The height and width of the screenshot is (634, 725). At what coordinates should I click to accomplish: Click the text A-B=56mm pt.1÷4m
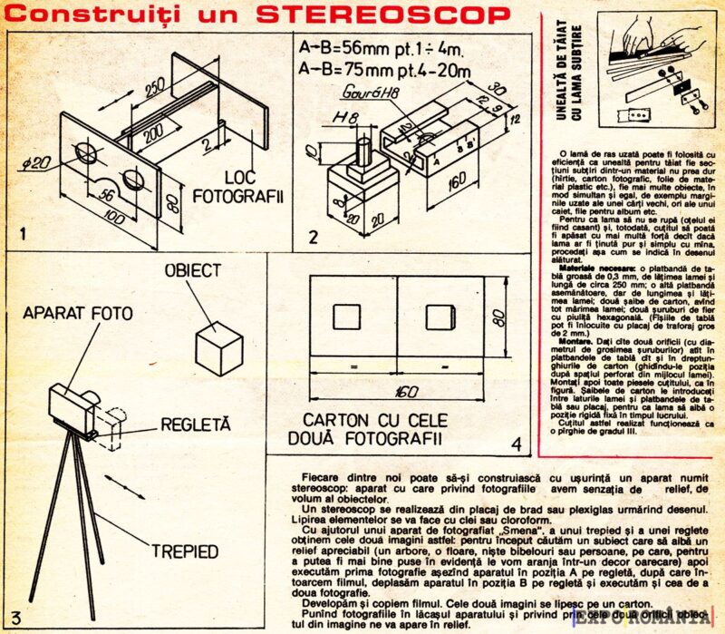(x=380, y=50)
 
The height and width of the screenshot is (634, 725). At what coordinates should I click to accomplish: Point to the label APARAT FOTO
(x=78, y=313)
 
